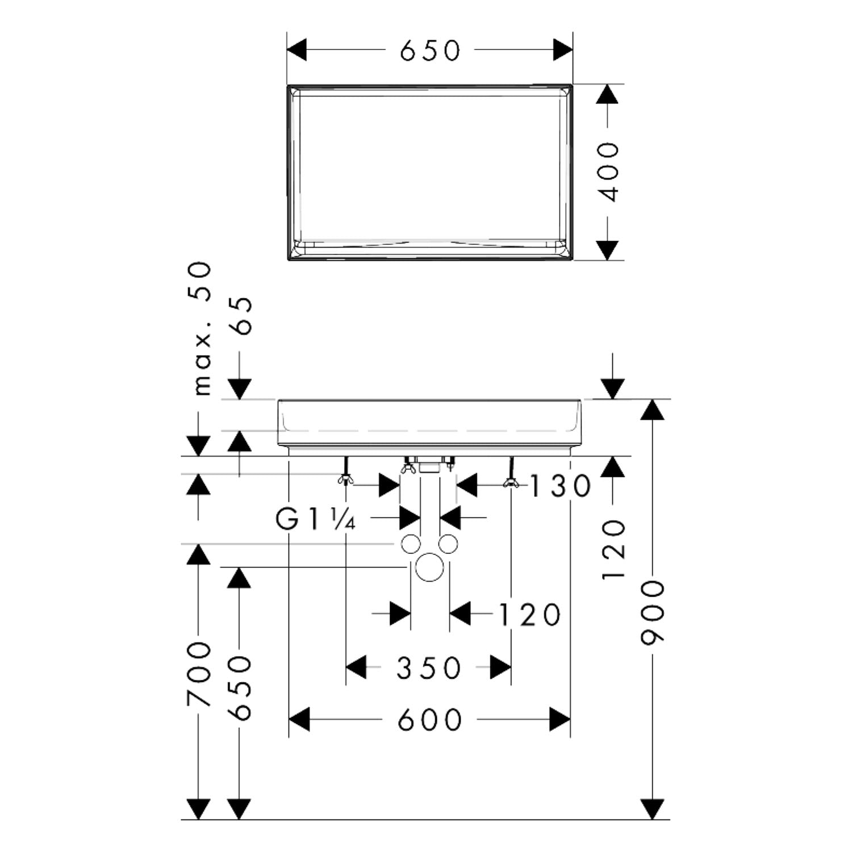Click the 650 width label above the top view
pyautogui.click(x=430, y=51)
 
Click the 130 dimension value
pyautogui.click(x=561, y=486)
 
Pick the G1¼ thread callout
pyautogui.click(x=316, y=519)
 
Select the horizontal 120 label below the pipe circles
pyautogui.click(x=529, y=615)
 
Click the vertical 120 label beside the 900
pyautogui.click(x=613, y=549)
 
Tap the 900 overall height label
pyautogui.click(x=652, y=612)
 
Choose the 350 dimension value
pyautogui.click(x=429, y=668)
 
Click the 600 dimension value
pyautogui.click(x=429, y=720)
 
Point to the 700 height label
pyautogui.click(x=198, y=674)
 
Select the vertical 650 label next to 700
pyautogui.click(x=239, y=687)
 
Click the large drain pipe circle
pyautogui.click(x=429, y=567)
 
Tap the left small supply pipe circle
pyautogui.click(x=411, y=544)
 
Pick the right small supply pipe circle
pyautogui.click(x=448, y=544)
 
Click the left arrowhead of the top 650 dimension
pyautogui.click(x=297, y=50)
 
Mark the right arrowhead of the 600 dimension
pyautogui.click(x=559, y=720)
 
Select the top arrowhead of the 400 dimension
pyautogui.click(x=607, y=94)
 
